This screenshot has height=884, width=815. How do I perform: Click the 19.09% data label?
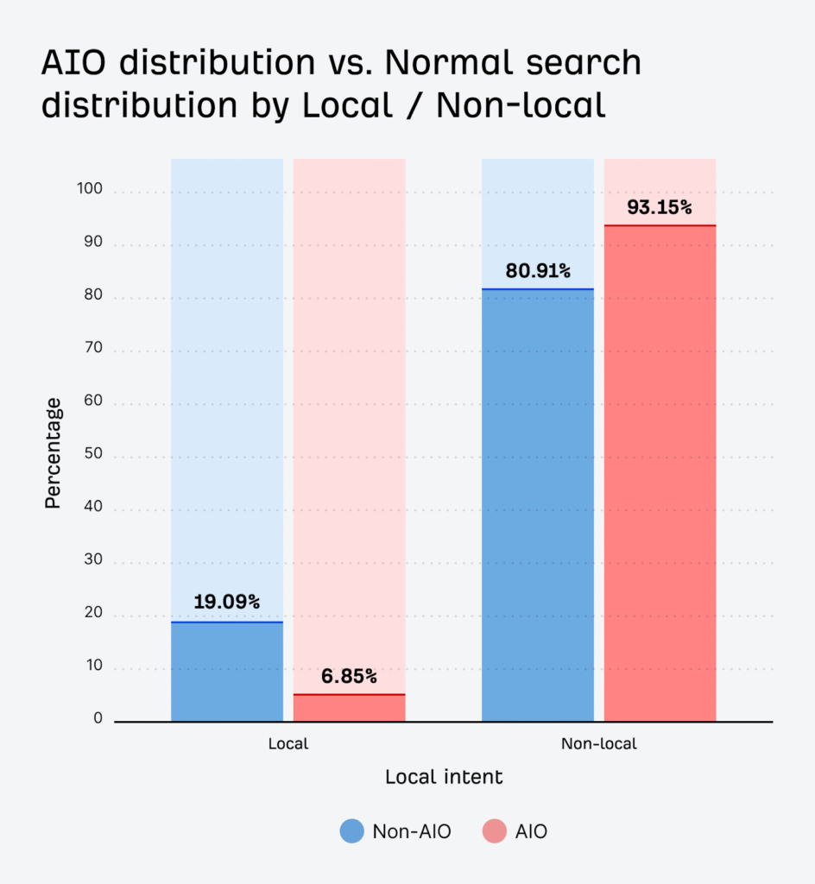point(227,602)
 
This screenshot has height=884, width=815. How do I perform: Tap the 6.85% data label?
point(349,676)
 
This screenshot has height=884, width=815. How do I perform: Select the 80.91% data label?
point(537,270)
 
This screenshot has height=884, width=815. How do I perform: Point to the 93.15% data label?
point(660,207)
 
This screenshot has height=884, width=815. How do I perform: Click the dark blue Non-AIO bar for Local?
point(227,672)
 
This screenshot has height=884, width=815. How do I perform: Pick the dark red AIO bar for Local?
point(349,708)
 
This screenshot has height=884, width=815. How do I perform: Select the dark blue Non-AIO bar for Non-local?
point(537,505)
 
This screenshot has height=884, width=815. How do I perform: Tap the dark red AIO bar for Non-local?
point(660,473)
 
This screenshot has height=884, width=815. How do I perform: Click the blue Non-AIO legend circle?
point(351,831)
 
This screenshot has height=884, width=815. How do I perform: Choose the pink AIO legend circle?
point(495,831)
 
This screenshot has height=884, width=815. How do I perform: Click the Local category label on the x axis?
point(287,743)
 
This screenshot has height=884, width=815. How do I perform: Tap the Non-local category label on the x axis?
point(598,743)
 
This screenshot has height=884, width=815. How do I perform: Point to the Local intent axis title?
point(444,777)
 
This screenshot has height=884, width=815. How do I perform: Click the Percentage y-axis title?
point(54,452)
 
